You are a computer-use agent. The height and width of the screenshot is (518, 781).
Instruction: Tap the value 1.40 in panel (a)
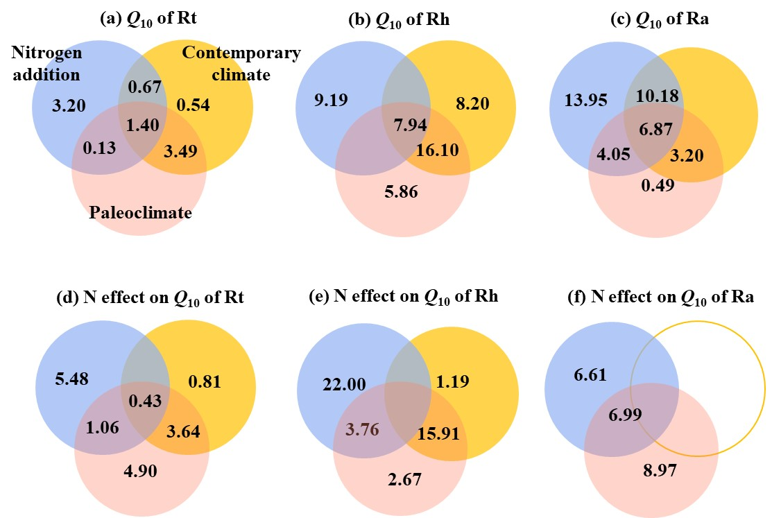tap(143, 126)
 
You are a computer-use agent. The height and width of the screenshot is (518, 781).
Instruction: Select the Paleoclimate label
tap(139, 213)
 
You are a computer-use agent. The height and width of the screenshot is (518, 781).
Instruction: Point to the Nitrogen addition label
tap(46, 64)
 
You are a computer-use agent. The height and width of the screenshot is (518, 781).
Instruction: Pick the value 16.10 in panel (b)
tap(438, 150)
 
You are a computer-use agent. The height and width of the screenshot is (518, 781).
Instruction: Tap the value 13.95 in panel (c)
tap(587, 102)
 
